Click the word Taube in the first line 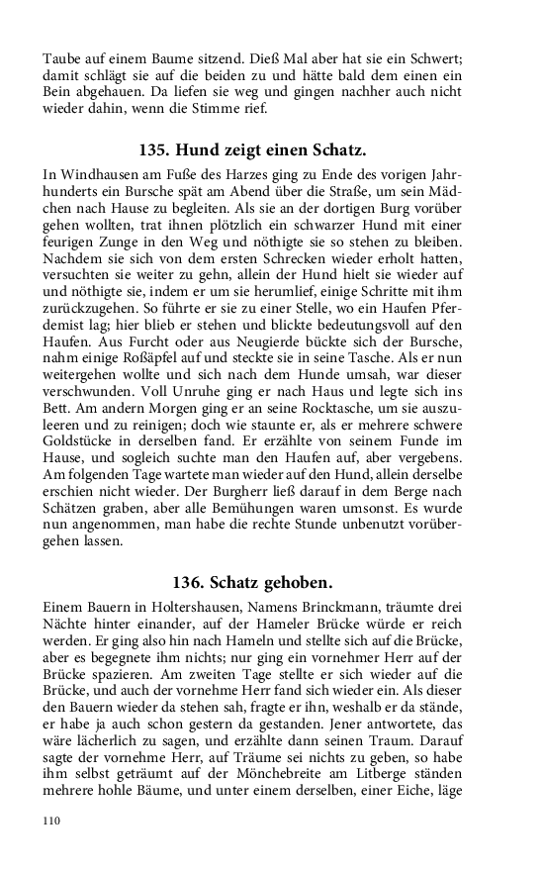[x=61, y=58]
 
